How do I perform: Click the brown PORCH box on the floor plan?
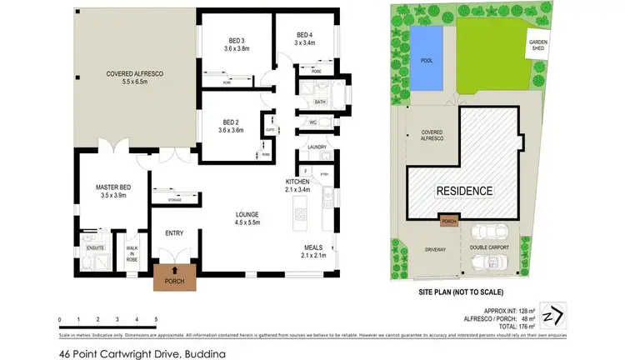click(x=175, y=276)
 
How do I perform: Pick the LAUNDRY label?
click(x=317, y=147)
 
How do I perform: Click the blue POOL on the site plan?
click(x=427, y=58)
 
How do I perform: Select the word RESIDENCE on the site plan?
click(x=464, y=191)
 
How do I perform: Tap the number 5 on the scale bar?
click(x=156, y=319)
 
